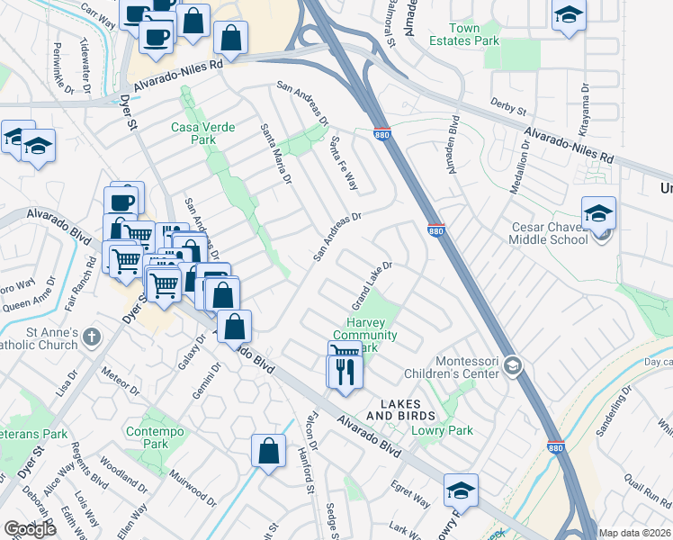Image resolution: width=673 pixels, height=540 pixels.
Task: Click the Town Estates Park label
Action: coord(464,34)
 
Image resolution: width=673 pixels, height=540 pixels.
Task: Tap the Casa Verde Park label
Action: coord(203,133)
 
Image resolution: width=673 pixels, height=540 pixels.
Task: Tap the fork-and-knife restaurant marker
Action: coord(345,370)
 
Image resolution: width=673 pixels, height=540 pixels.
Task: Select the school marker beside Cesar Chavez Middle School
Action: coord(598,213)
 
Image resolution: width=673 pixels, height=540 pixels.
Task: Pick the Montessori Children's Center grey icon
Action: coord(513,364)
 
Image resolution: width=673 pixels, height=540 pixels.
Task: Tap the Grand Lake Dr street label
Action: coord(372,282)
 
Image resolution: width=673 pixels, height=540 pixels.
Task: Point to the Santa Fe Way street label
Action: coord(344,163)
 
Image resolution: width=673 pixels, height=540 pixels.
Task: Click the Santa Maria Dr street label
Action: coord(275,154)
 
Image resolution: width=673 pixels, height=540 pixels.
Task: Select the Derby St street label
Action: coord(508,107)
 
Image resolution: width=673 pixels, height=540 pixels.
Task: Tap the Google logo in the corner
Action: coord(30,529)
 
